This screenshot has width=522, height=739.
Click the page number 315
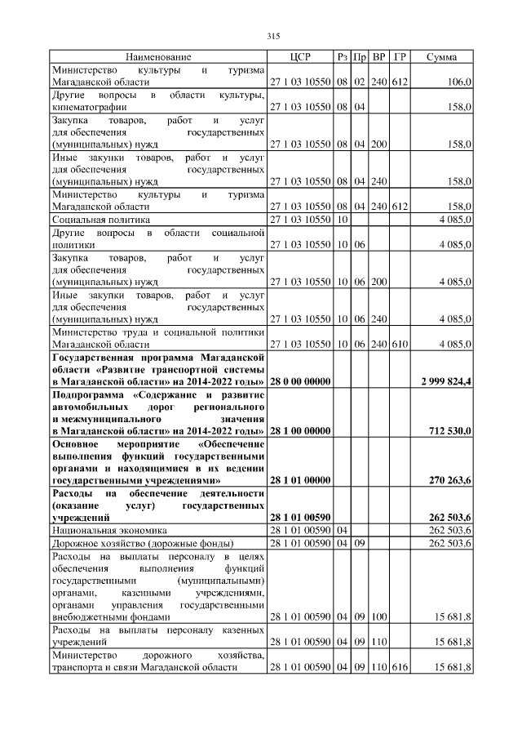pyautogui.click(x=273, y=35)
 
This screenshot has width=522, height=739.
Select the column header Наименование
pyautogui.click(x=158, y=56)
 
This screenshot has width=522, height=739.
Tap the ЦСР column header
pyautogui.click(x=299, y=56)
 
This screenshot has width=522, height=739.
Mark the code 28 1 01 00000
pyautogui.click(x=299, y=482)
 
